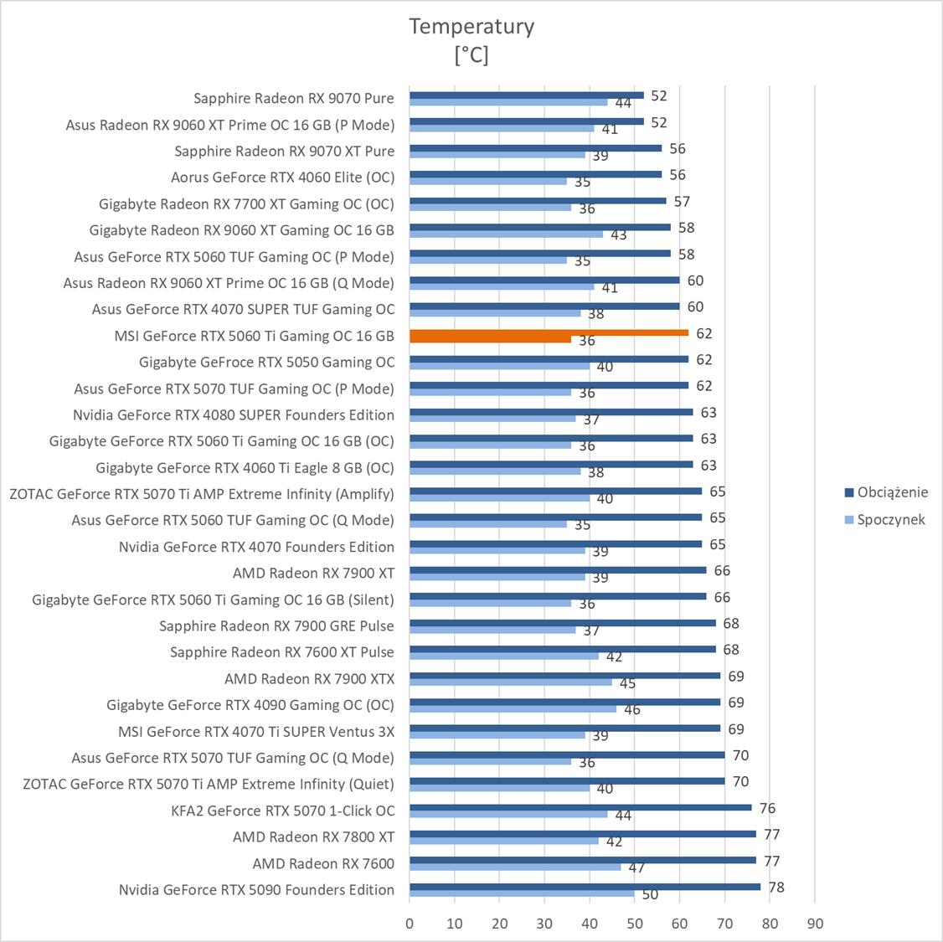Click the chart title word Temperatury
point(471,26)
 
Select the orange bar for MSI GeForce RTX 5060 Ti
point(549,332)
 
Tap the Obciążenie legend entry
point(892,492)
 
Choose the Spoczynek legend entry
point(891,519)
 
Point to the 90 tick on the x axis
point(815,924)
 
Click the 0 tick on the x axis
point(410,924)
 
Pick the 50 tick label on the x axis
point(635,924)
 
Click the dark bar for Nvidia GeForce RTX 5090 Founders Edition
point(585,887)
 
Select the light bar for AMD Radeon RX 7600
point(515,867)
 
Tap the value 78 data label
point(776,887)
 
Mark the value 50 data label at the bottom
point(650,894)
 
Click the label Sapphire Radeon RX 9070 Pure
point(293,98)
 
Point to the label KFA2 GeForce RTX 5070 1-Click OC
point(282,811)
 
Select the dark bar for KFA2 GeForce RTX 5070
point(580,807)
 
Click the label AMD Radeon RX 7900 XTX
point(309,678)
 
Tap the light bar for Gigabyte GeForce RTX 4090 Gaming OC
point(513,708)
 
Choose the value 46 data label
point(631,709)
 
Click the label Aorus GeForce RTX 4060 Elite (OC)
point(282,177)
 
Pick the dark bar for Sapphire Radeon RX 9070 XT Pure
point(535,147)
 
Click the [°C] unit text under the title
point(471,55)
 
